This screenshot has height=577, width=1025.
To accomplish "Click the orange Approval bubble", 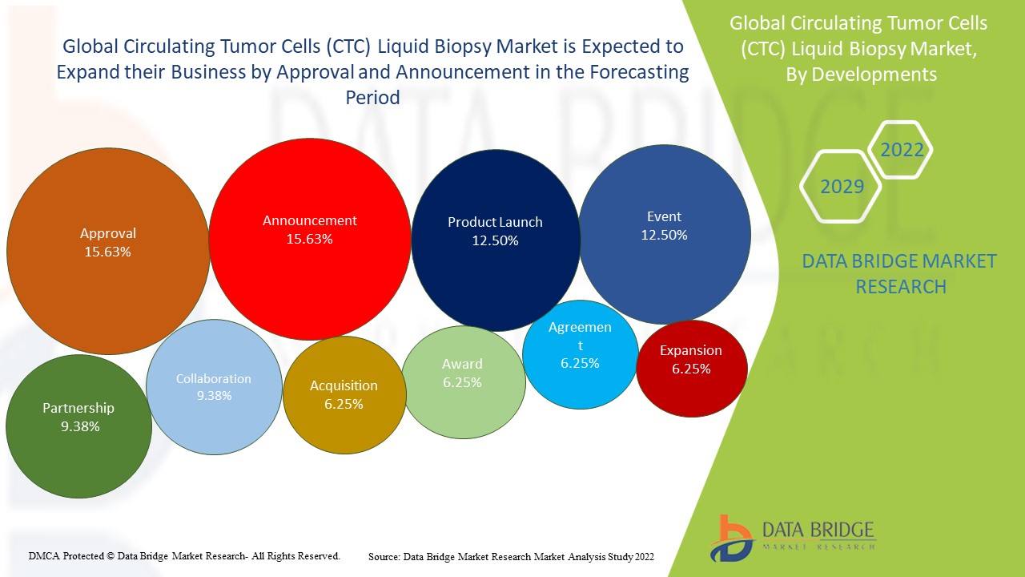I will click(108, 251).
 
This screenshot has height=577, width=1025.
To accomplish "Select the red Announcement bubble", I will click(310, 239).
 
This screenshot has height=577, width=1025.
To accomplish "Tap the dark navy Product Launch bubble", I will click(495, 240).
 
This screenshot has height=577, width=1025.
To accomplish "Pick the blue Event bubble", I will click(665, 234).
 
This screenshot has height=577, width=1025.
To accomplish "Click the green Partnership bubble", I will click(78, 426).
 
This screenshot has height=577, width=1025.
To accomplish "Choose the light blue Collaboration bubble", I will click(214, 387).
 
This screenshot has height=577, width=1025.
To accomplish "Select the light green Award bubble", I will click(463, 382).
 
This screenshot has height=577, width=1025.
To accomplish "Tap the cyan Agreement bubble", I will click(580, 353).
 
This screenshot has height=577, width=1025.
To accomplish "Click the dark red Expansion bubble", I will click(691, 369).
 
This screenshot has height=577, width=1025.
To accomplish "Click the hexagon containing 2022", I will click(902, 150).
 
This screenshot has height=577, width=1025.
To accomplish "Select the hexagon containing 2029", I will click(842, 187).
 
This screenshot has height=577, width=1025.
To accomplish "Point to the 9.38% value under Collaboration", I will click(214, 396).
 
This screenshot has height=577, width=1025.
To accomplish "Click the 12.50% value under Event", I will click(665, 236).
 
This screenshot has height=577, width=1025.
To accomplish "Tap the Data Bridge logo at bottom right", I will click(792, 538).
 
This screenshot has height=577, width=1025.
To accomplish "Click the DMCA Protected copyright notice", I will click(185, 555).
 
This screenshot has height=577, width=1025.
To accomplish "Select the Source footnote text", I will click(511, 556).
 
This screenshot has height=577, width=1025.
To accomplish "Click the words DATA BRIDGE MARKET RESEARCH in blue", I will click(900, 273).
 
